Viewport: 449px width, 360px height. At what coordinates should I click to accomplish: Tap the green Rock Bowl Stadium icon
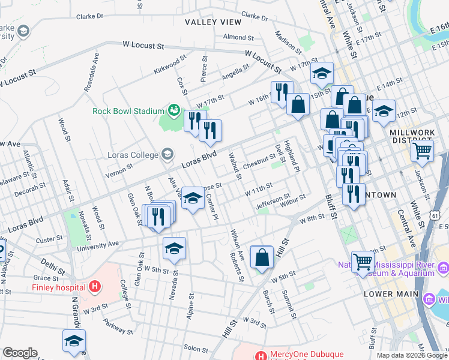(173, 110)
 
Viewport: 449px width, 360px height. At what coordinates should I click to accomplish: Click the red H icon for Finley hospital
(94, 287)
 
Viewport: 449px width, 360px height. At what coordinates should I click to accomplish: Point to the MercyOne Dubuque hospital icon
(261, 355)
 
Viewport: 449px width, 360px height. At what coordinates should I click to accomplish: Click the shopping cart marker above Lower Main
(363, 262)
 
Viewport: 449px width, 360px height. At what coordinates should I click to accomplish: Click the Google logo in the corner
(20, 353)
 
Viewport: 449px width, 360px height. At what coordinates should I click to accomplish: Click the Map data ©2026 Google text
(411, 355)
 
